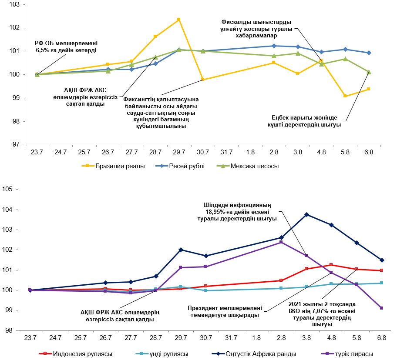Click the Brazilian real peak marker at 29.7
(179, 20)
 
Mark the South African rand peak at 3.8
(306, 214)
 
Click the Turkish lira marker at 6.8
(382, 308)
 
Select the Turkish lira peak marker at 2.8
(281, 242)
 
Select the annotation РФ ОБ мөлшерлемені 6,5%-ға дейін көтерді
(66, 47)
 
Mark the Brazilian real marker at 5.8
(345, 96)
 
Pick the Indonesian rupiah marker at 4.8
(331, 265)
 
